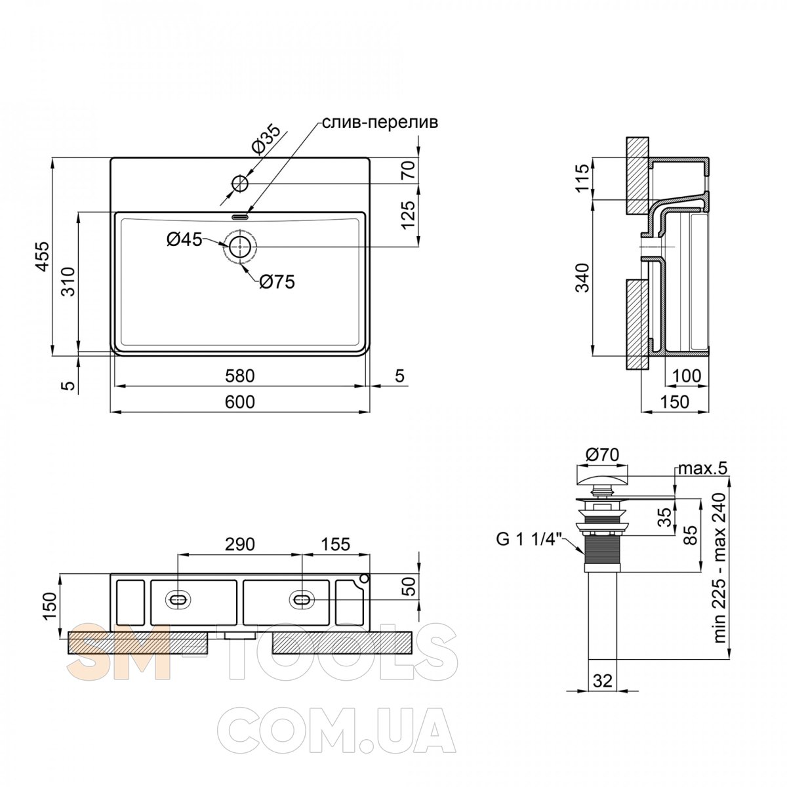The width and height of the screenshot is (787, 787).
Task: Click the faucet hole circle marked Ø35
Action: (240, 184)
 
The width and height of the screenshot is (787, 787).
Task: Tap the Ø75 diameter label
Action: (277, 282)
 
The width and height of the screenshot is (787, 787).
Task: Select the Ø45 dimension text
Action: (184, 240)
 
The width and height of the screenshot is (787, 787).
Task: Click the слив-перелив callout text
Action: (380, 122)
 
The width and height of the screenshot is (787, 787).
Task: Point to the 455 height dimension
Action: (42, 256)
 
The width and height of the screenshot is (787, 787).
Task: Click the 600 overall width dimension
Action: (240, 402)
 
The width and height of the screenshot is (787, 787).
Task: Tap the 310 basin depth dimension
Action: (68, 282)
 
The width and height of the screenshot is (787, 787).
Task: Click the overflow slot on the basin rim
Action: (240, 217)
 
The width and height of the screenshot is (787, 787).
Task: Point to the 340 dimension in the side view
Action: (582, 277)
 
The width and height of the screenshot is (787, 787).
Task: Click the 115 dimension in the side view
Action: (582, 177)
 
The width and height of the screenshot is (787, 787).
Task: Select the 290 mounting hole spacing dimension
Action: (240, 544)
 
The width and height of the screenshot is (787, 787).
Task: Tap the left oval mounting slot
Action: (178, 599)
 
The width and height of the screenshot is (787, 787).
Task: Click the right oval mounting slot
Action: (302, 599)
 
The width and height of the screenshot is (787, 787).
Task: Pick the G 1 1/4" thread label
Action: (530, 540)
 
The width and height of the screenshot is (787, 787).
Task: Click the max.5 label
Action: (702, 470)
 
